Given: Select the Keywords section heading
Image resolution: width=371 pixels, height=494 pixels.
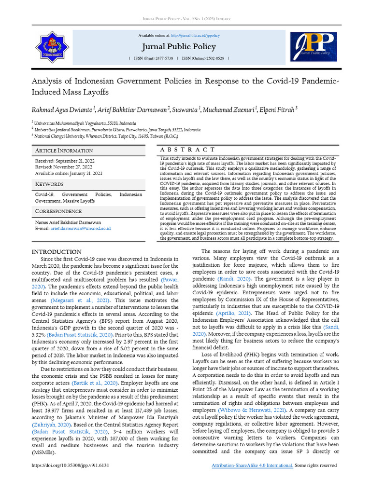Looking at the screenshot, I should point(49,184).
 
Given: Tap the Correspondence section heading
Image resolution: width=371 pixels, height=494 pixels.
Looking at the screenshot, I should point(58,211).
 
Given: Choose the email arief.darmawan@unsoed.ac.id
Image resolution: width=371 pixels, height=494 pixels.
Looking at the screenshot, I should point(80,228).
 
